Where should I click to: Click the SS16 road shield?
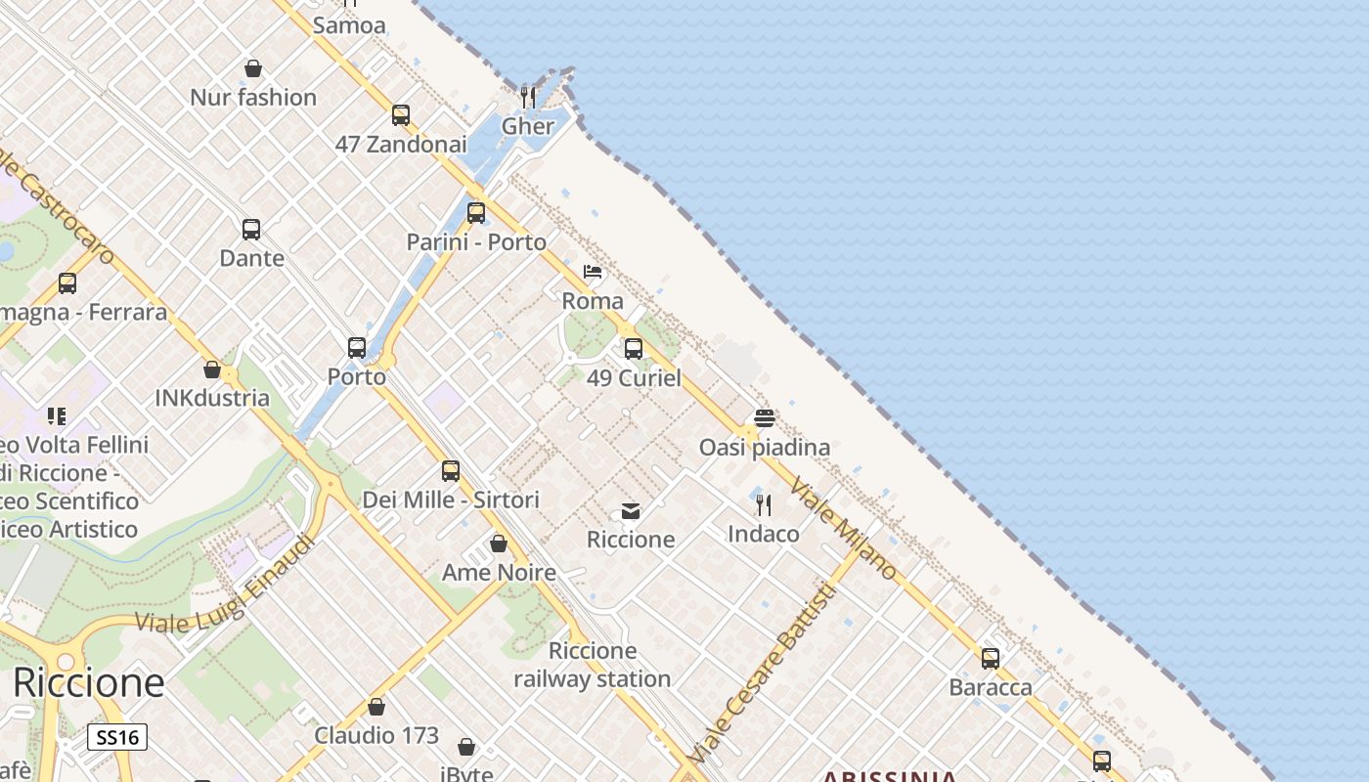click(x=117, y=737)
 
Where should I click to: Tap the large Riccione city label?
click(x=88, y=682)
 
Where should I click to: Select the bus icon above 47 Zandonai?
click(x=401, y=115)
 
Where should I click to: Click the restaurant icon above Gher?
click(x=528, y=97)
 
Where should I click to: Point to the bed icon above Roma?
click(x=593, y=271)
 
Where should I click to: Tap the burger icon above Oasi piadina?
click(x=765, y=418)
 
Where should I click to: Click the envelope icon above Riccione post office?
click(x=631, y=511)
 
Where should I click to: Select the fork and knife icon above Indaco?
click(x=764, y=505)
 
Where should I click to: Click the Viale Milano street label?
click(x=842, y=528)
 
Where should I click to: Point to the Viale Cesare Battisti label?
click(x=764, y=673)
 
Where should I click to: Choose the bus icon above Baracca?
click(x=991, y=658)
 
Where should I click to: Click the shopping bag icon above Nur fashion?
click(x=253, y=68)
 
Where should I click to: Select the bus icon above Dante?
click(x=251, y=230)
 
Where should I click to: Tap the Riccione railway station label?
click(x=593, y=665)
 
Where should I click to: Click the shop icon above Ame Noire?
click(x=499, y=543)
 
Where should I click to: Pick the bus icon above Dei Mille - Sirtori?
click(x=451, y=470)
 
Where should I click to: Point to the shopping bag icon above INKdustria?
click(x=212, y=369)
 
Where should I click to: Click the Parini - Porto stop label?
click(x=476, y=241)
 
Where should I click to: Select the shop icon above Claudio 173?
click(x=376, y=707)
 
